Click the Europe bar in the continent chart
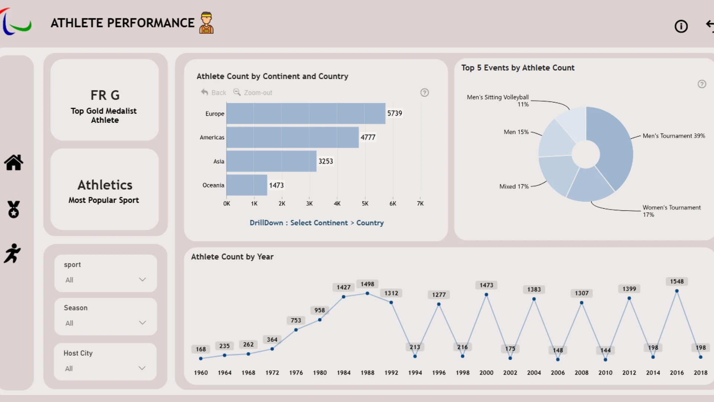306,114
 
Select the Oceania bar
247,185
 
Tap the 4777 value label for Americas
368,137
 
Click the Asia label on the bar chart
219,161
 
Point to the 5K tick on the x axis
365,204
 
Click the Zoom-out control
253,92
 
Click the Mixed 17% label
514,186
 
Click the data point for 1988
367,293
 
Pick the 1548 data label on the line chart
677,281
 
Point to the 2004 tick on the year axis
534,373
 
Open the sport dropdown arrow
142,280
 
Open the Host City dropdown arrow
142,368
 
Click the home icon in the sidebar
14,162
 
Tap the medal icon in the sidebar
14,209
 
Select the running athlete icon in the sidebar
12,253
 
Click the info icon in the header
681,26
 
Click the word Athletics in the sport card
105,185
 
